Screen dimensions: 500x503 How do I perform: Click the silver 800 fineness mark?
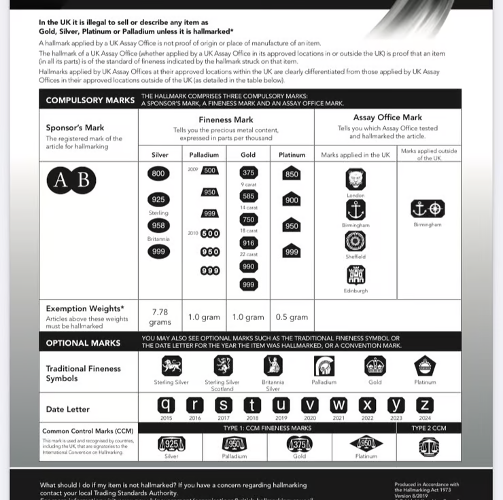pos(158,174)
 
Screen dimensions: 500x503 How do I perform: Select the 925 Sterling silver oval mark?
pos(158,200)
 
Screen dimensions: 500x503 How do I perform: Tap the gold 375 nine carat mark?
pos(248,173)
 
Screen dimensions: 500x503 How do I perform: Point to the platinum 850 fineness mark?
pos(292,173)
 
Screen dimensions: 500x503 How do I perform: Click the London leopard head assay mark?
pos(355,180)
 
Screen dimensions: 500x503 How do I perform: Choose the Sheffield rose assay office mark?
pos(355,241)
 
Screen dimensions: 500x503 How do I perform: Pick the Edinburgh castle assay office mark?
pos(355,274)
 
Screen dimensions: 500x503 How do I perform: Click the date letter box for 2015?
pos(167,406)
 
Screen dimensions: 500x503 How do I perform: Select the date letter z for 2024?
pos(425,406)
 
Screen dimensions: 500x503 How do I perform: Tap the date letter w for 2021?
pos(339,406)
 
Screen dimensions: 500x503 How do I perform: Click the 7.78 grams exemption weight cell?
pos(158,317)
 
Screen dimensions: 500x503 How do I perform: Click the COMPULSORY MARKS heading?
pos(90,100)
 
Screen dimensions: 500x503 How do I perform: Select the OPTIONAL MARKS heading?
pos(83,343)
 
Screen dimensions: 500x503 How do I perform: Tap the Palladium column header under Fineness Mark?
pos(204,155)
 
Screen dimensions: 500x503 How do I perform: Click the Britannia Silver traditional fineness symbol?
pos(273,366)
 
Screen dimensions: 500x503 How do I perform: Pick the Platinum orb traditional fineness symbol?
pos(425,366)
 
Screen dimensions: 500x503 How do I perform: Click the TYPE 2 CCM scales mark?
pos(428,446)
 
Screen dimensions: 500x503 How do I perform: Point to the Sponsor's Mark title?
pos(75,128)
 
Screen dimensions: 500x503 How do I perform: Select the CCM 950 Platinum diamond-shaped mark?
pos(366,444)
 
